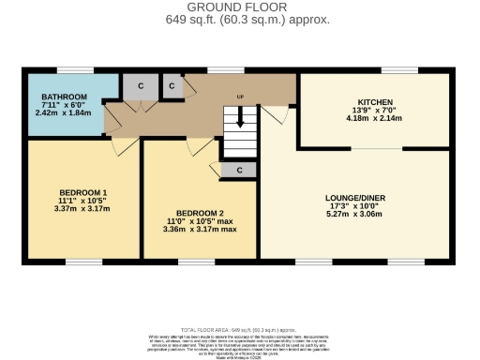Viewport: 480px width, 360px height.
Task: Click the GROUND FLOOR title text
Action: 239,7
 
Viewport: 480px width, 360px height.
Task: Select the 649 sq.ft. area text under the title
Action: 239,19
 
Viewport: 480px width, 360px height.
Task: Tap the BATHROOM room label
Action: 65,97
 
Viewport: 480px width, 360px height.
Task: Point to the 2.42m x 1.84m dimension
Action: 65,112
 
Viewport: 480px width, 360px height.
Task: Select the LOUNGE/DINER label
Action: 355,198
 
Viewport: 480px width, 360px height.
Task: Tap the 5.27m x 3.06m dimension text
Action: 355,214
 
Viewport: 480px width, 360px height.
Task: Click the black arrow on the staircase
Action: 240,119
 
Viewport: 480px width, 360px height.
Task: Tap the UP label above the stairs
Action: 240,96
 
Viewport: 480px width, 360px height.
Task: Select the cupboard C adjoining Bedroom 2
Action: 239,170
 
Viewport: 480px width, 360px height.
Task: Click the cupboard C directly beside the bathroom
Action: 141,85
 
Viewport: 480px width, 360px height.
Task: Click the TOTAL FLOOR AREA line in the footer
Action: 239,331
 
